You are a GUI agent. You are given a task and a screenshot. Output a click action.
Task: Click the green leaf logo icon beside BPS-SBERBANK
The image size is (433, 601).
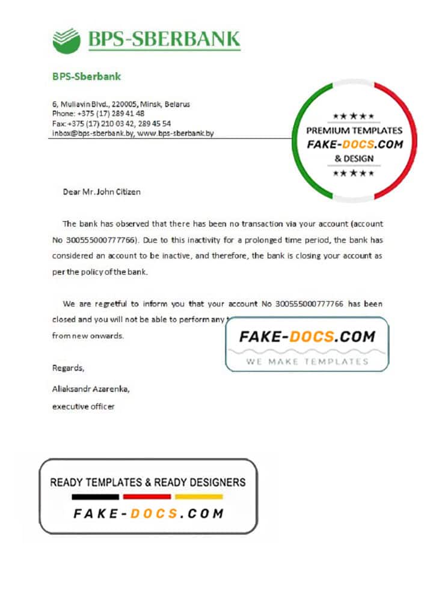[x=66, y=40]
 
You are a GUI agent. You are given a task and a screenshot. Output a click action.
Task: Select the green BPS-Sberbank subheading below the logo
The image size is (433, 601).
[x=87, y=76]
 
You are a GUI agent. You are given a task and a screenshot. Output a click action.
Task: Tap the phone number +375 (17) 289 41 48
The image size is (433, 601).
[x=113, y=113]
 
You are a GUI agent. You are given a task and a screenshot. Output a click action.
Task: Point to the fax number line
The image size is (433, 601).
[x=111, y=123]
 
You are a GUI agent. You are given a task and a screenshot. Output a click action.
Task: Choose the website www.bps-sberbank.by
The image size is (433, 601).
[x=176, y=133]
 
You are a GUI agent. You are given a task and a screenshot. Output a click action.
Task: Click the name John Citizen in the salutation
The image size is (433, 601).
[x=118, y=192]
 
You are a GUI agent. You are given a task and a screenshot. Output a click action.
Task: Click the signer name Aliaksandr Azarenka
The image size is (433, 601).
[x=91, y=389]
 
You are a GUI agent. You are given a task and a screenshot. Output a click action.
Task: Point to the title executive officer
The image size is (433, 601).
[x=84, y=407]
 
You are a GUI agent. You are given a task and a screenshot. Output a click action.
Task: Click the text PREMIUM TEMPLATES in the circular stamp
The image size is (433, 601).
[x=354, y=130]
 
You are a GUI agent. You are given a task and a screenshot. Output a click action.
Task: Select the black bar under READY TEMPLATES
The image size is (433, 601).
[x=96, y=497]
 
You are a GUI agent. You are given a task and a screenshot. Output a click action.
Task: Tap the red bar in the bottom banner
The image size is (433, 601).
[x=147, y=497]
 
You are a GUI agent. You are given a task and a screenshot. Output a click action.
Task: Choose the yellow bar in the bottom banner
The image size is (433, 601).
[x=199, y=497]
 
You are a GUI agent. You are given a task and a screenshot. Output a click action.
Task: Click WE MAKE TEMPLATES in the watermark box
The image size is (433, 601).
[x=307, y=361]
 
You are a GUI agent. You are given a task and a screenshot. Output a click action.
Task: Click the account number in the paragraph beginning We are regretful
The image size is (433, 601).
[x=310, y=304]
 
